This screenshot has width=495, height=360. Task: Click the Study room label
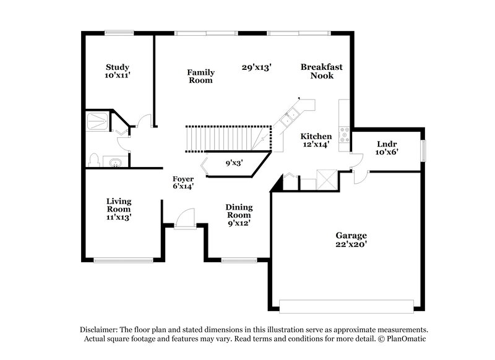point(118,67)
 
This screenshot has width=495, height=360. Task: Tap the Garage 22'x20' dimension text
point(351,244)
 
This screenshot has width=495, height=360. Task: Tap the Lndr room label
point(388,145)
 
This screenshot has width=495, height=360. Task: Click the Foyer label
point(184,179)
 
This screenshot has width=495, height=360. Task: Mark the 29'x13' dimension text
point(257,67)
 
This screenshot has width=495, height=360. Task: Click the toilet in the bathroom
point(93,160)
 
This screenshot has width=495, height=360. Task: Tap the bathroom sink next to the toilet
point(113,162)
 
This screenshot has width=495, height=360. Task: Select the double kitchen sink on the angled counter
point(289,117)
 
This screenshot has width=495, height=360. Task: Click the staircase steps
point(226,137)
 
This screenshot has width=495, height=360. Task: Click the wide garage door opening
point(346,306)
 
